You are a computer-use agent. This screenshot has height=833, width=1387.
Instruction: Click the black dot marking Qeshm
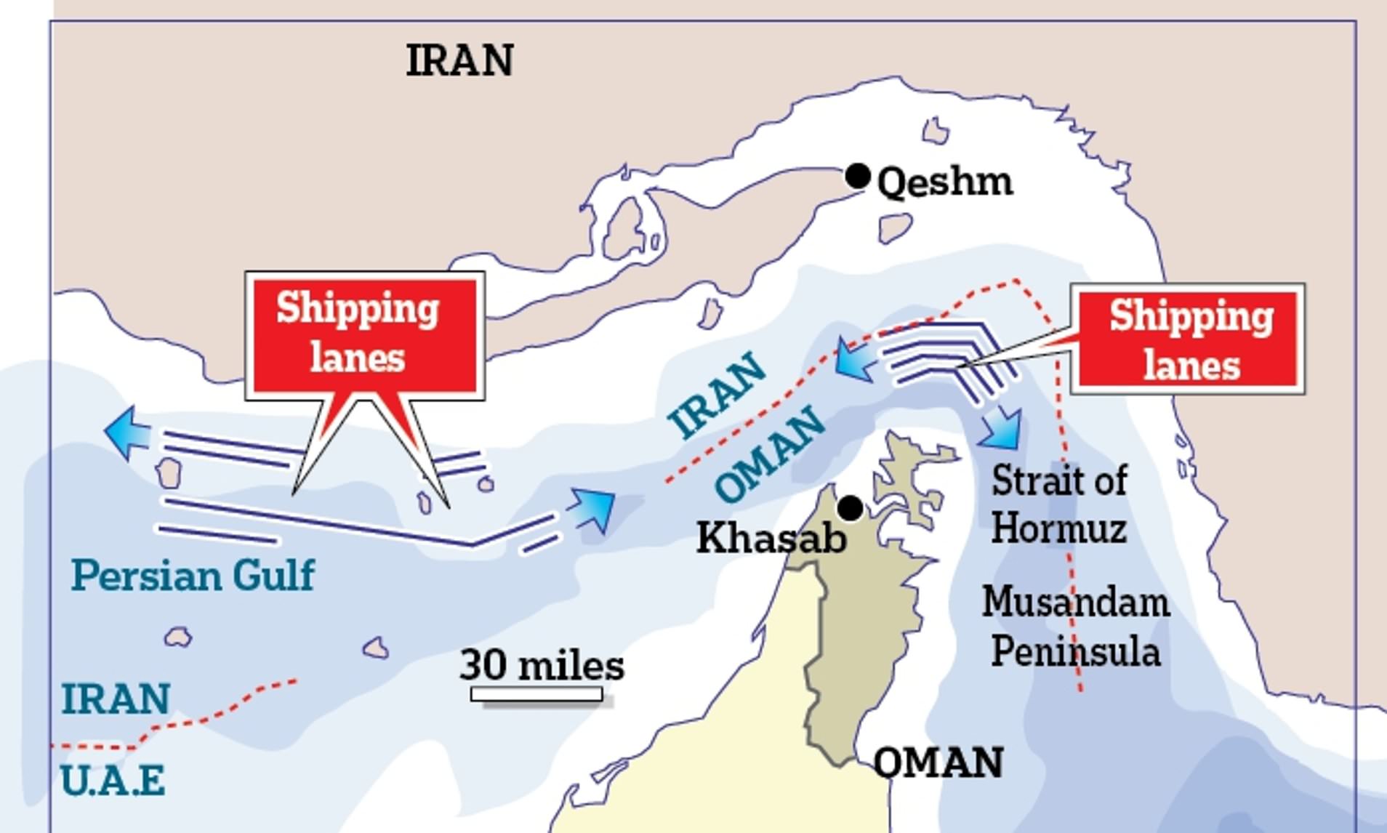click(858, 176)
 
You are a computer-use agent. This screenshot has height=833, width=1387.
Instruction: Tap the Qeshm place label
click(945, 182)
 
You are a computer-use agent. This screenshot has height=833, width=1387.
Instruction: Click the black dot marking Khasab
click(850, 508)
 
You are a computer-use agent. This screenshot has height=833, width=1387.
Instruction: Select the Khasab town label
click(771, 539)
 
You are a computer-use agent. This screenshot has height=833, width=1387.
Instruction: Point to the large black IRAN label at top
click(459, 60)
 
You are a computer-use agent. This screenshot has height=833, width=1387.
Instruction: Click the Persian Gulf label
click(193, 576)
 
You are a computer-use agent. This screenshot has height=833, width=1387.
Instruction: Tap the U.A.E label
click(113, 781)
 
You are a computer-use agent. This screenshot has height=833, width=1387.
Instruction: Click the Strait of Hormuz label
click(1059, 504)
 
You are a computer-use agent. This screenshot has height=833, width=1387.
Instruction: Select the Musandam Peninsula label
click(1076, 626)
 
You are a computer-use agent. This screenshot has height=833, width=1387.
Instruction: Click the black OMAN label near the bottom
click(938, 763)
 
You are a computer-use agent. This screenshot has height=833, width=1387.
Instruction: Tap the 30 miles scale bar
click(536, 694)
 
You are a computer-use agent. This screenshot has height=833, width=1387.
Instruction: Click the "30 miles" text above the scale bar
click(542, 665)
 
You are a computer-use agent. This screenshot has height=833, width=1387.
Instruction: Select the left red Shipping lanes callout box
click(365, 334)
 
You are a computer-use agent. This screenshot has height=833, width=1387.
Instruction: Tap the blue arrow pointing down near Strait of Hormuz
click(1003, 429)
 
